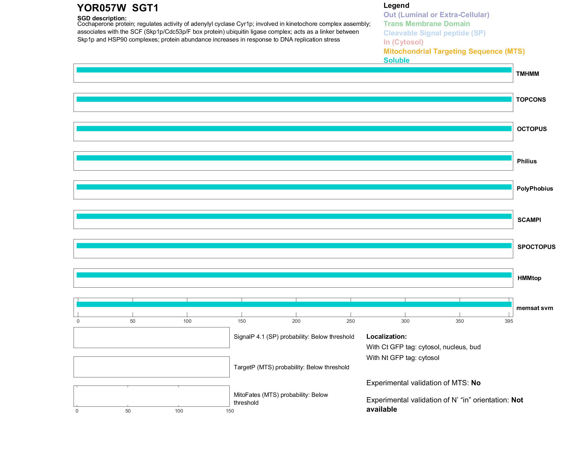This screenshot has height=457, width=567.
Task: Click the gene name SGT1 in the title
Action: click(x=145, y=8)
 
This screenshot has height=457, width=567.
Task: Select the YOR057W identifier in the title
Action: click(x=101, y=8)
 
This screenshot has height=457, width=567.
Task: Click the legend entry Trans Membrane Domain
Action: click(x=427, y=24)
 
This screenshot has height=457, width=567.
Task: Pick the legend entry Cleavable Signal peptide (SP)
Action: click(x=434, y=33)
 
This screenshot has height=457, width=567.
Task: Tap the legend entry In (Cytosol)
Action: click(x=403, y=42)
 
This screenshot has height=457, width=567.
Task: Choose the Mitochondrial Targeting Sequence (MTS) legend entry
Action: click(x=454, y=51)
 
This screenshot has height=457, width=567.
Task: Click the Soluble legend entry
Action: click(x=396, y=60)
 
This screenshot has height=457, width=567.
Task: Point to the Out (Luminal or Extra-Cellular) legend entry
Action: click(x=436, y=15)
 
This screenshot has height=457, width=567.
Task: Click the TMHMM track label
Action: click(x=527, y=74)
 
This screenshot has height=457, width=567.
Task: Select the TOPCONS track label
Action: click(x=531, y=100)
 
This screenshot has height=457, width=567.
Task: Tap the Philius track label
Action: click(x=527, y=161)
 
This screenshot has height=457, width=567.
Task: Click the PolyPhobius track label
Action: click(x=535, y=189)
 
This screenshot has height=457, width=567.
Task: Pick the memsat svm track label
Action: click(x=534, y=308)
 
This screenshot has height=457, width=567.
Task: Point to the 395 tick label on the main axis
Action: click(x=509, y=321)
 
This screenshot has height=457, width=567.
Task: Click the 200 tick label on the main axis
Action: click(x=296, y=321)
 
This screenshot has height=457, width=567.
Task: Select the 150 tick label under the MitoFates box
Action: click(x=230, y=411)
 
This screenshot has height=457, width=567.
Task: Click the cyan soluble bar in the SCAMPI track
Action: click(x=294, y=216)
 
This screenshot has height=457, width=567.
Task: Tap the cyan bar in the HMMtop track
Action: click(x=294, y=275)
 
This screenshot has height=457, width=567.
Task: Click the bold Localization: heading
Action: click(x=386, y=336)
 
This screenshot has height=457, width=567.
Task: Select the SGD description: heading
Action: click(x=102, y=18)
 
